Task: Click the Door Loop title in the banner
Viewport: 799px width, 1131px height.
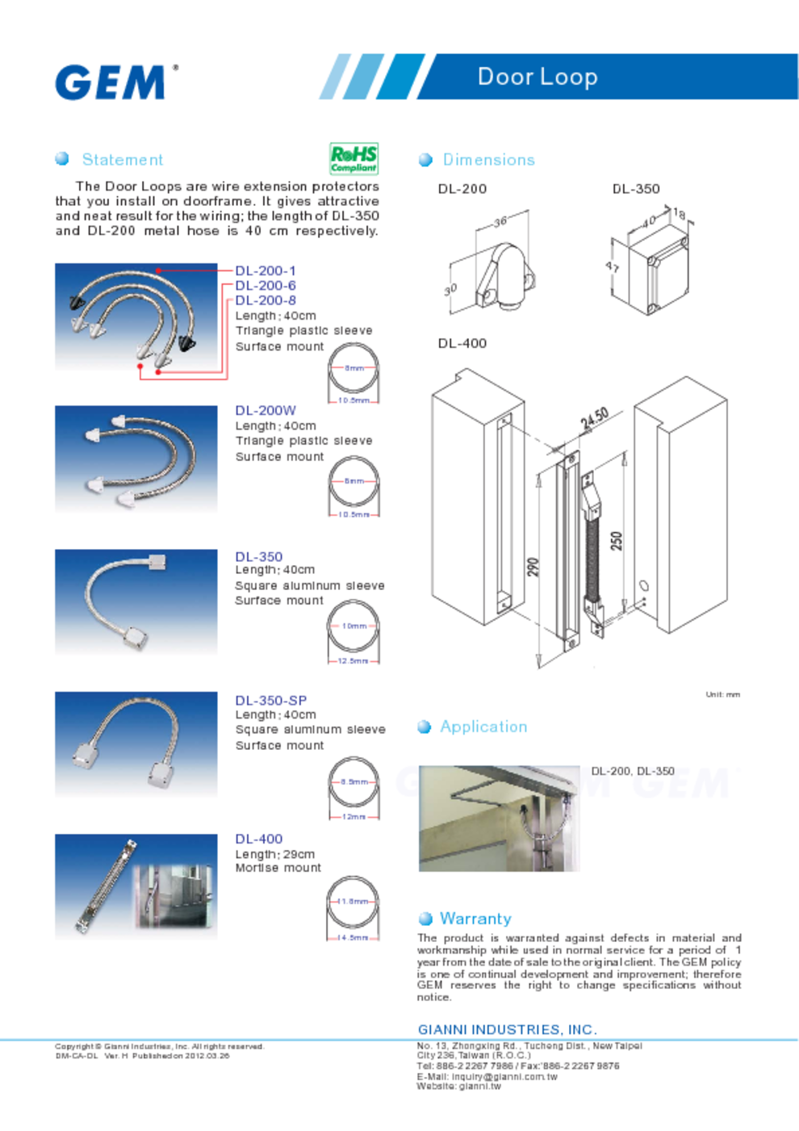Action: (538, 77)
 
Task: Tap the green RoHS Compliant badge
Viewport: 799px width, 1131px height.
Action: (353, 158)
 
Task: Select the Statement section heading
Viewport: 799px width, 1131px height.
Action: (122, 160)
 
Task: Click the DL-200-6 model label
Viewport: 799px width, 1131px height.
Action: (266, 286)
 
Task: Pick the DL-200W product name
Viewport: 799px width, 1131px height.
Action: (266, 411)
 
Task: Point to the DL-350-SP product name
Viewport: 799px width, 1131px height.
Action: (271, 701)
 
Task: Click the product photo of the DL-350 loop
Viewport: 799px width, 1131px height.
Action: (136, 601)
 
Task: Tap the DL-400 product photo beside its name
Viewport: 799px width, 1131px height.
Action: (136, 886)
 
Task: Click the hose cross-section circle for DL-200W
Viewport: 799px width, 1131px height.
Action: (353, 482)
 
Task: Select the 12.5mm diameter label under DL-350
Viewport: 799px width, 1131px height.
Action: (353, 661)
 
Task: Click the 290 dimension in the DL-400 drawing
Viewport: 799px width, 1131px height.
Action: (533, 568)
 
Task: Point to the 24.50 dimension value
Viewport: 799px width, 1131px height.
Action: (594, 419)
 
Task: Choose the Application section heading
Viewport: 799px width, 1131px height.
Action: (483, 727)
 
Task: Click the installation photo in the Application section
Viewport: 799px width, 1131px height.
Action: (499, 818)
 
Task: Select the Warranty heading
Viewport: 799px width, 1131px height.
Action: (475, 919)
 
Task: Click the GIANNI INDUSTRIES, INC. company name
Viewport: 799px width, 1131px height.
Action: (507, 1029)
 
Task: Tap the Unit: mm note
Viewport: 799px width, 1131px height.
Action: (722, 694)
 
